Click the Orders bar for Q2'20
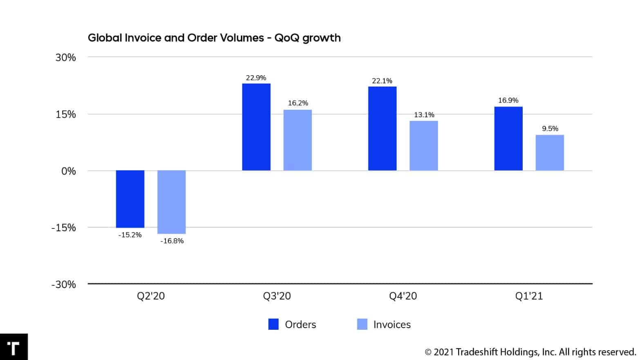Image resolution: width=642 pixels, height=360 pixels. (130, 199)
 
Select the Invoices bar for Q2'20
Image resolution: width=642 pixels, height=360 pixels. (172, 202)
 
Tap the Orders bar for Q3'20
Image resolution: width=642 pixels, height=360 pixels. (256, 127)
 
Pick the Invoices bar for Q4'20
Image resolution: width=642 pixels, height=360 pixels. (424, 145)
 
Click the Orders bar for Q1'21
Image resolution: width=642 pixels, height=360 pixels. (508, 139)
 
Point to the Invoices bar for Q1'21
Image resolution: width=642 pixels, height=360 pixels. (550, 152)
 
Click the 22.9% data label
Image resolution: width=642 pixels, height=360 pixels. (256, 78)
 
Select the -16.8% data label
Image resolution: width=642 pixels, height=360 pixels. (172, 241)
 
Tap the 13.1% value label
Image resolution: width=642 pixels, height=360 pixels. (424, 115)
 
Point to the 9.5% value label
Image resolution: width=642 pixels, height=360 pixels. (550, 129)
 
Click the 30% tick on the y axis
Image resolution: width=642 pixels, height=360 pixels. (66, 58)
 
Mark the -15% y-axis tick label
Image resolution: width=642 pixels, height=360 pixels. (64, 228)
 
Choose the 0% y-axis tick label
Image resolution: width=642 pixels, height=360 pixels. (69, 171)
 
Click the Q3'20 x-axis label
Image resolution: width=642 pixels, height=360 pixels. (277, 296)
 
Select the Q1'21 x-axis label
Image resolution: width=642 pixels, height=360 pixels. (529, 296)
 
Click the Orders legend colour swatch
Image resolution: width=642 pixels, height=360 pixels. (273, 324)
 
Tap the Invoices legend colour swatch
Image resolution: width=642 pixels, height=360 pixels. (362, 324)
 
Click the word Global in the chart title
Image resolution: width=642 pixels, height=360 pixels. (105, 38)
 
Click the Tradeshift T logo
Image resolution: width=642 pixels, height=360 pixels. (13, 347)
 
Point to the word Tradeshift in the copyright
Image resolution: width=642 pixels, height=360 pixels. (477, 352)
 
